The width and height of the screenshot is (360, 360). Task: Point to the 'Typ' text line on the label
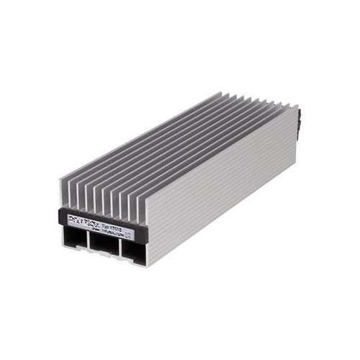(x=115, y=222)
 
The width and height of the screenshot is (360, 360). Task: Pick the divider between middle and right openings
(x=118, y=248)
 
